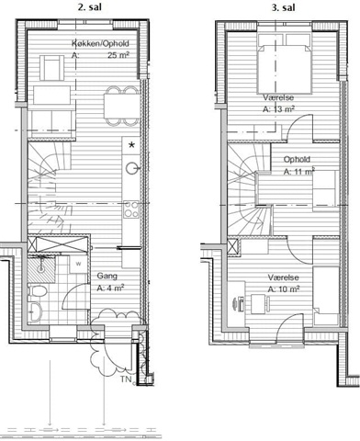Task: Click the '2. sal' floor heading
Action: click(89, 7)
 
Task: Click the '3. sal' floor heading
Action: click(283, 7)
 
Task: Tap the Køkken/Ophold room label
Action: click(100, 43)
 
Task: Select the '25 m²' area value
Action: click(118, 55)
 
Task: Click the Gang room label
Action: click(107, 276)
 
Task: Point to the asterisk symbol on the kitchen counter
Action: click(131, 145)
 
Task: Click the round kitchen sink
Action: click(132, 168)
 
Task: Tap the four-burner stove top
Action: click(131, 209)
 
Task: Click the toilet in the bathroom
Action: click(38, 291)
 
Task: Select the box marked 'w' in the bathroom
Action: click(78, 264)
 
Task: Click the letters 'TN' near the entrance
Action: click(126, 379)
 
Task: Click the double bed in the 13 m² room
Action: click(285, 63)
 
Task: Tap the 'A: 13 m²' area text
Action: click(278, 109)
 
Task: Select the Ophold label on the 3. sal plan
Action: click(297, 159)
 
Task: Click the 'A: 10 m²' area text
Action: click(284, 288)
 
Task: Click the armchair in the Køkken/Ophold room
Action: click(52, 68)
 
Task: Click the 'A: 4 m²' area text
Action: click(110, 288)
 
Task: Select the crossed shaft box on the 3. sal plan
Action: click(233, 247)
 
